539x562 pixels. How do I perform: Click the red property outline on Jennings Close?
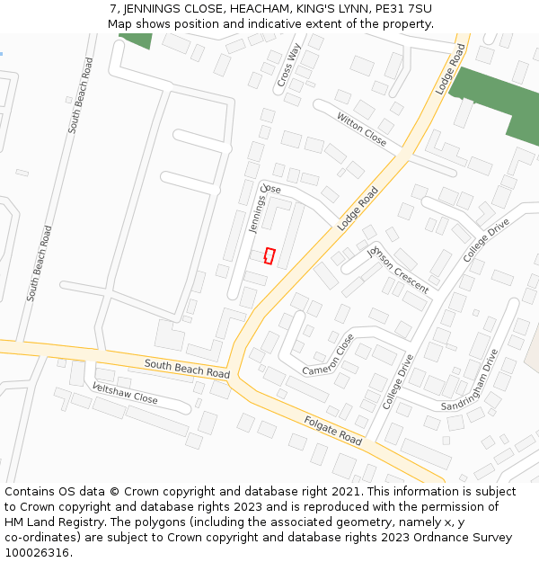click(x=269, y=255)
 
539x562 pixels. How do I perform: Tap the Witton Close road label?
click(x=361, y=129)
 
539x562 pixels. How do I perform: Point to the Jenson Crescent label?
click(x=397, y=269)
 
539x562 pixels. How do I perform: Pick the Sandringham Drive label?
click(x=468, y=379)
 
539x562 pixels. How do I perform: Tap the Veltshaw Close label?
click(x=125, y=392)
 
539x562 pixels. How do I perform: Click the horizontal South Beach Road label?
click(x=187, y=367)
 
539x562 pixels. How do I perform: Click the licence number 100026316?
click(x=38, y=553)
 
